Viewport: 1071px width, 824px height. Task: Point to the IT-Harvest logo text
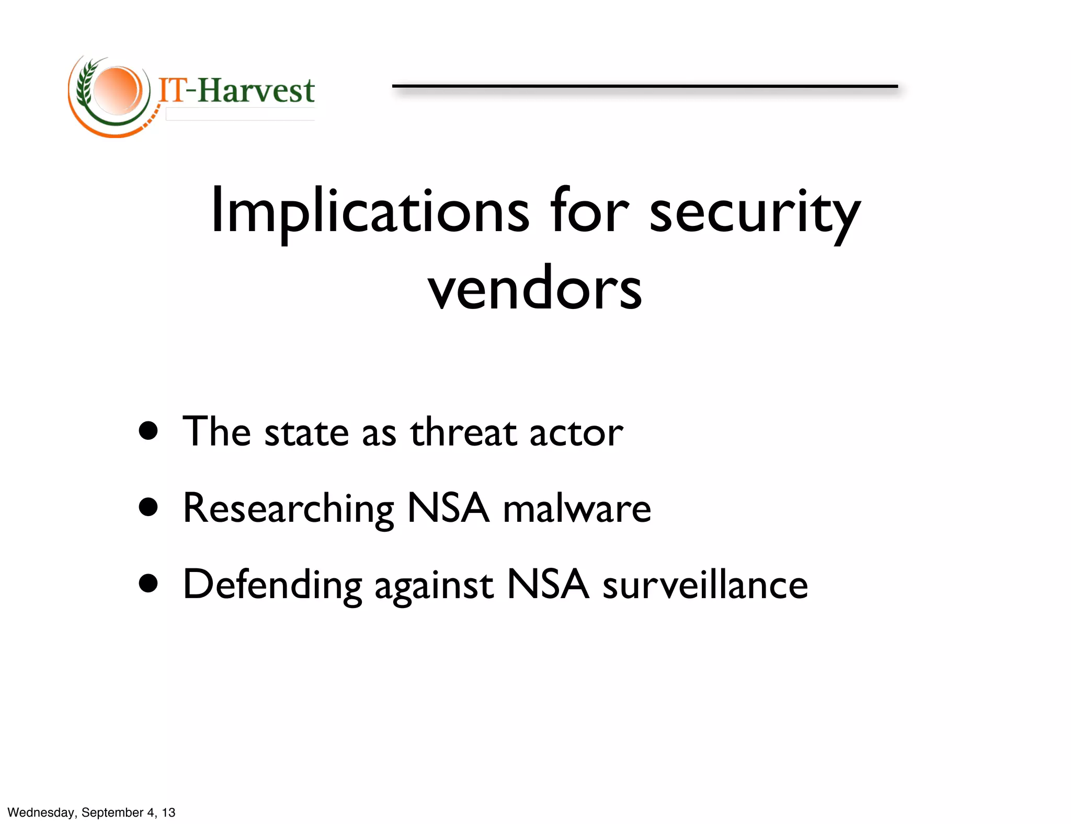click(x=236, y=90)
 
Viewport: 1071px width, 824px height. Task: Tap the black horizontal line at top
click(x=644, y=86)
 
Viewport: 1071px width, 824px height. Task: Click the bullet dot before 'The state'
click(x=149, y=431)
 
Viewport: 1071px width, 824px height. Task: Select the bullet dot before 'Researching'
click(x=149, y=507)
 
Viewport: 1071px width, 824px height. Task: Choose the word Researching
click(x=288, y=509)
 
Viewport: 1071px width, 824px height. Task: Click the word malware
click(x=577, y=509)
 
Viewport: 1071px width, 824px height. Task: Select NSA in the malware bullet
click(x=448, y=508)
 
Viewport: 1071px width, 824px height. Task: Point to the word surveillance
click(x=705, y=585)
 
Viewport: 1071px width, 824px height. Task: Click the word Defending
click(x=272, y=585)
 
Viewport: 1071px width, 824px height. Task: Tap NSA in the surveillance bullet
click(x=548, y=583)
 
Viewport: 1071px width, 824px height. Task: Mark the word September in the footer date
click(x=112, y=812)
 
